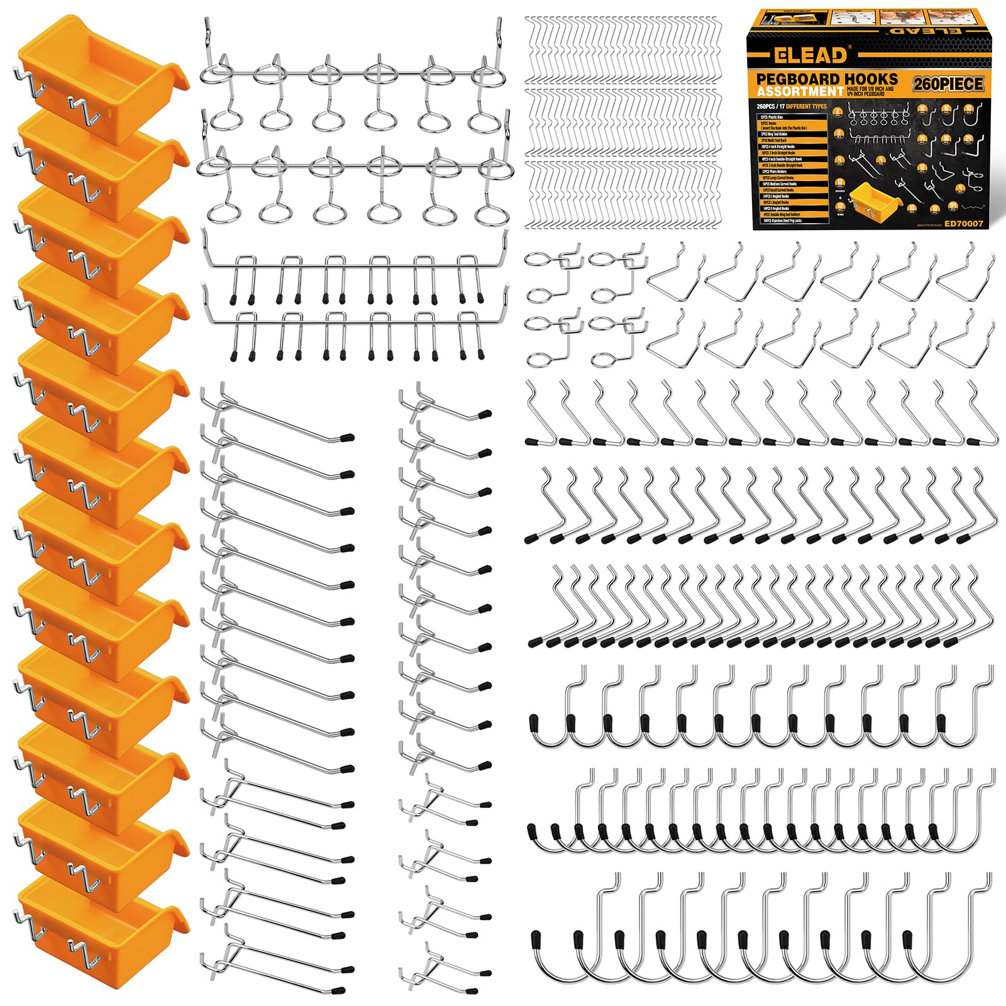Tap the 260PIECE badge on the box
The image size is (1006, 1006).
coord(948,84)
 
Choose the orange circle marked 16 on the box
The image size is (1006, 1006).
coord(946,109)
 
